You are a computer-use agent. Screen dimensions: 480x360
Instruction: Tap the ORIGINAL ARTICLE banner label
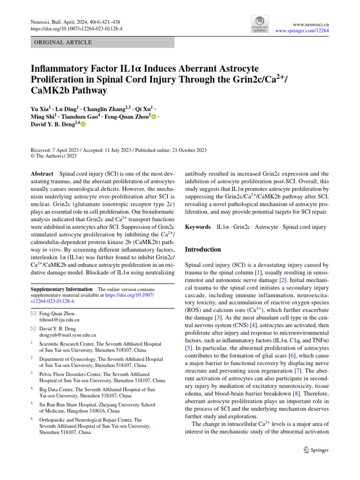(60, 42)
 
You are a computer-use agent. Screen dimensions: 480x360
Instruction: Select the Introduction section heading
(203, 249)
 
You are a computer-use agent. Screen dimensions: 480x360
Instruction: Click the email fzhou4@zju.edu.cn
(60, 320)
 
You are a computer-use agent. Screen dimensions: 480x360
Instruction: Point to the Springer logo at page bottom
(316, 450)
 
